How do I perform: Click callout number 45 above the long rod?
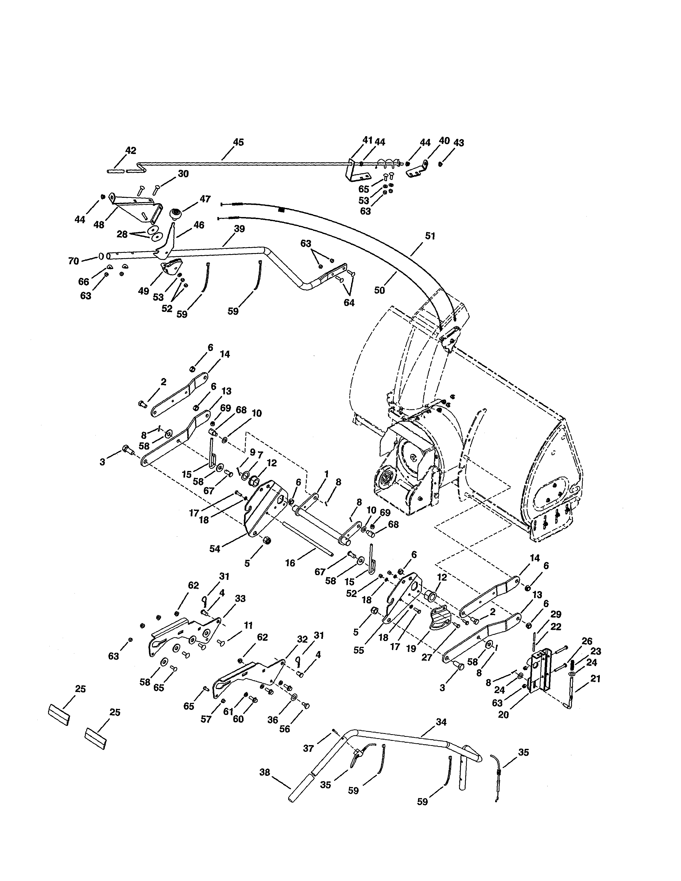[238, 142]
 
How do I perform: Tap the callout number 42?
[131, 151]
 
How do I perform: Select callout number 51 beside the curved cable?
[430, 236]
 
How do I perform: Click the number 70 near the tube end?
[73, 261]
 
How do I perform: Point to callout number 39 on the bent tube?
[239, 229]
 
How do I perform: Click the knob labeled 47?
[176, 213]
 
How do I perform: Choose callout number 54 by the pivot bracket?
[215, 549]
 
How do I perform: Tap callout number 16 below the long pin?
[290, 563]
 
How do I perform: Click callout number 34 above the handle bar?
[441, 722]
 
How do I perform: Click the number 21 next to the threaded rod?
[595, 679]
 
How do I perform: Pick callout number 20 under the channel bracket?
[503, 714]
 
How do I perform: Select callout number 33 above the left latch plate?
[240, 599]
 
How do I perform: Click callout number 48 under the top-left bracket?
[99, 225]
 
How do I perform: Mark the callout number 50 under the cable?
[379, 290]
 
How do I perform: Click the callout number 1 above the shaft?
[326, 473]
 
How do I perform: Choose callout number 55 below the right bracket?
[359, 650]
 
